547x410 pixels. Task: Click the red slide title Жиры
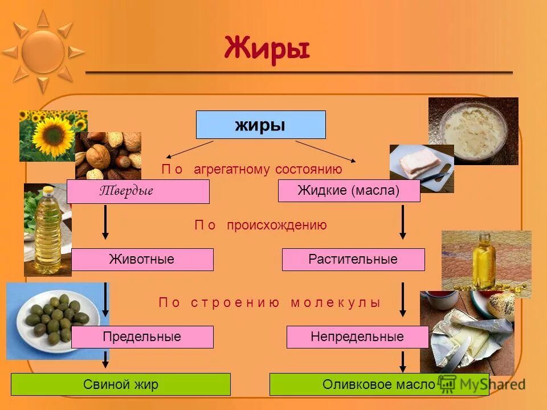[267, 47]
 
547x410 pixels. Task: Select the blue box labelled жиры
[260, 125]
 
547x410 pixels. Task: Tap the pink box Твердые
[138, 191]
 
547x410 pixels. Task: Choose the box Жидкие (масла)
[349, 191]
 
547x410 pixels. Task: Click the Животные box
[142, 260]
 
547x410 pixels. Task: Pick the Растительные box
[353, 260]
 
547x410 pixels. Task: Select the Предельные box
[142, 337]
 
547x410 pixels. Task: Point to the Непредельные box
[357, 337]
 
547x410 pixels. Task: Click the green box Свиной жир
[121, 384]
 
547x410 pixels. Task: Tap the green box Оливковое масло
[379, 384]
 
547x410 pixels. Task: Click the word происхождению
[277, 225]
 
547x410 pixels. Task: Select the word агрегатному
[232, 170]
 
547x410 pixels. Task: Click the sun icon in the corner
[43, 51]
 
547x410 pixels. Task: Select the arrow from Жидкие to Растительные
[403, 222]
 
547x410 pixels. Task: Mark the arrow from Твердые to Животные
[105, 222]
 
